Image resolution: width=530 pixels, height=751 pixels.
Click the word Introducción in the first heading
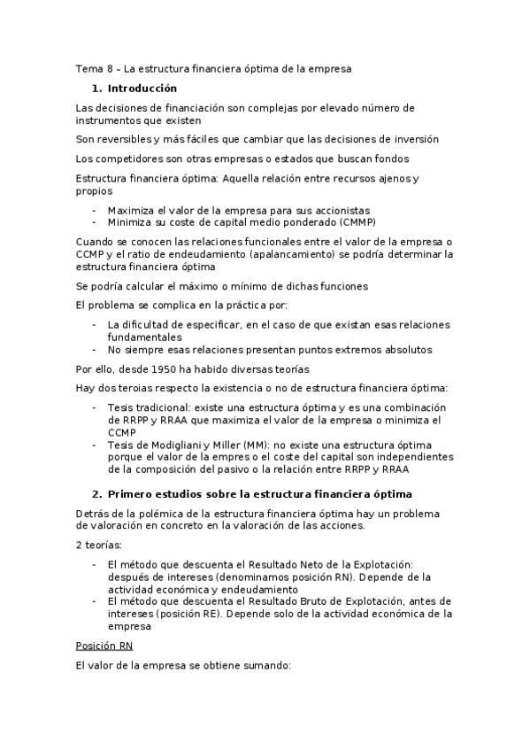[142, 89]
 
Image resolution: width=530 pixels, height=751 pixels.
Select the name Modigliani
[197, 444]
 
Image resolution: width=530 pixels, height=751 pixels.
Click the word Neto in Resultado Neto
[309, 565]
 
